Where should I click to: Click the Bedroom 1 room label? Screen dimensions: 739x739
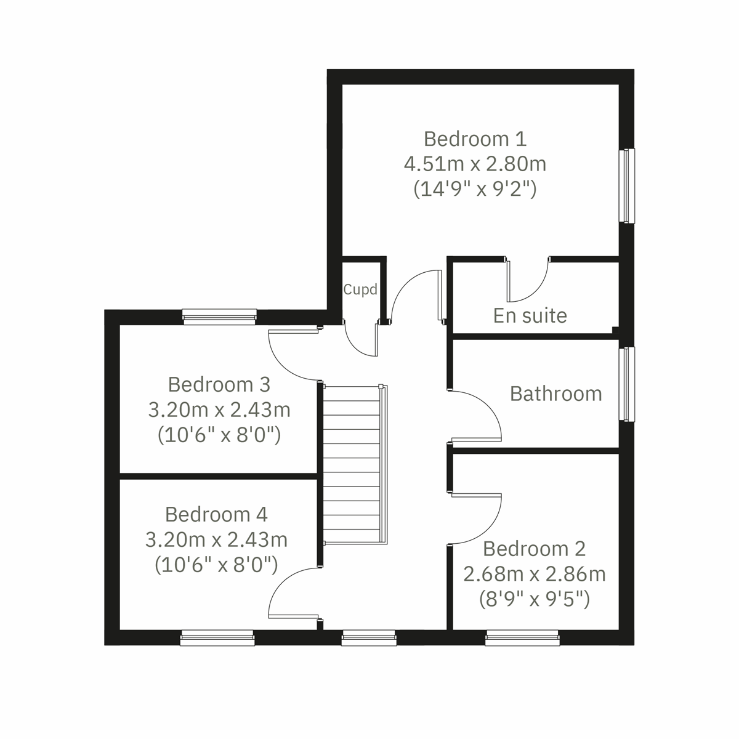click(475, 139)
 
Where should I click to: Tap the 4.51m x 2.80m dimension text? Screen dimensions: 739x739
click(475, 164)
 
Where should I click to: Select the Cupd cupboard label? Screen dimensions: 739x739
click(360, 289)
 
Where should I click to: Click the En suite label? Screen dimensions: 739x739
click(530, 315)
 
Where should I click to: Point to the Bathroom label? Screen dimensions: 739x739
click(555, 394)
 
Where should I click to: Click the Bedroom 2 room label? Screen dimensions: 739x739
click(534, 548)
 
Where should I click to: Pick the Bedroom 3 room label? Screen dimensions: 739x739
click(219, 384)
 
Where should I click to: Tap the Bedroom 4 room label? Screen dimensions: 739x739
click(216, 514)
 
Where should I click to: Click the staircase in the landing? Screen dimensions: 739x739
click(353, 465)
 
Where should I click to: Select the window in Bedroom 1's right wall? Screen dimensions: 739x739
click(626, 185)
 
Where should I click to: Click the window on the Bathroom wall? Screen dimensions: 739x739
click(626, 384)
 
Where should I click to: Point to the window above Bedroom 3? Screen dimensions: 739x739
click(219, 317)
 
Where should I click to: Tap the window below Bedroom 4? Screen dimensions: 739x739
click(217, 638)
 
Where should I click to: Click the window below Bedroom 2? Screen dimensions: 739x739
click(522, 638)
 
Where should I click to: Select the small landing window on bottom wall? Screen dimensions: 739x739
click(369, 638)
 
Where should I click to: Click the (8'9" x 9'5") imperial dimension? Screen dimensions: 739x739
click(534, 599)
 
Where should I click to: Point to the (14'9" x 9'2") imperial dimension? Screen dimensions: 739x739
click(475, 188)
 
